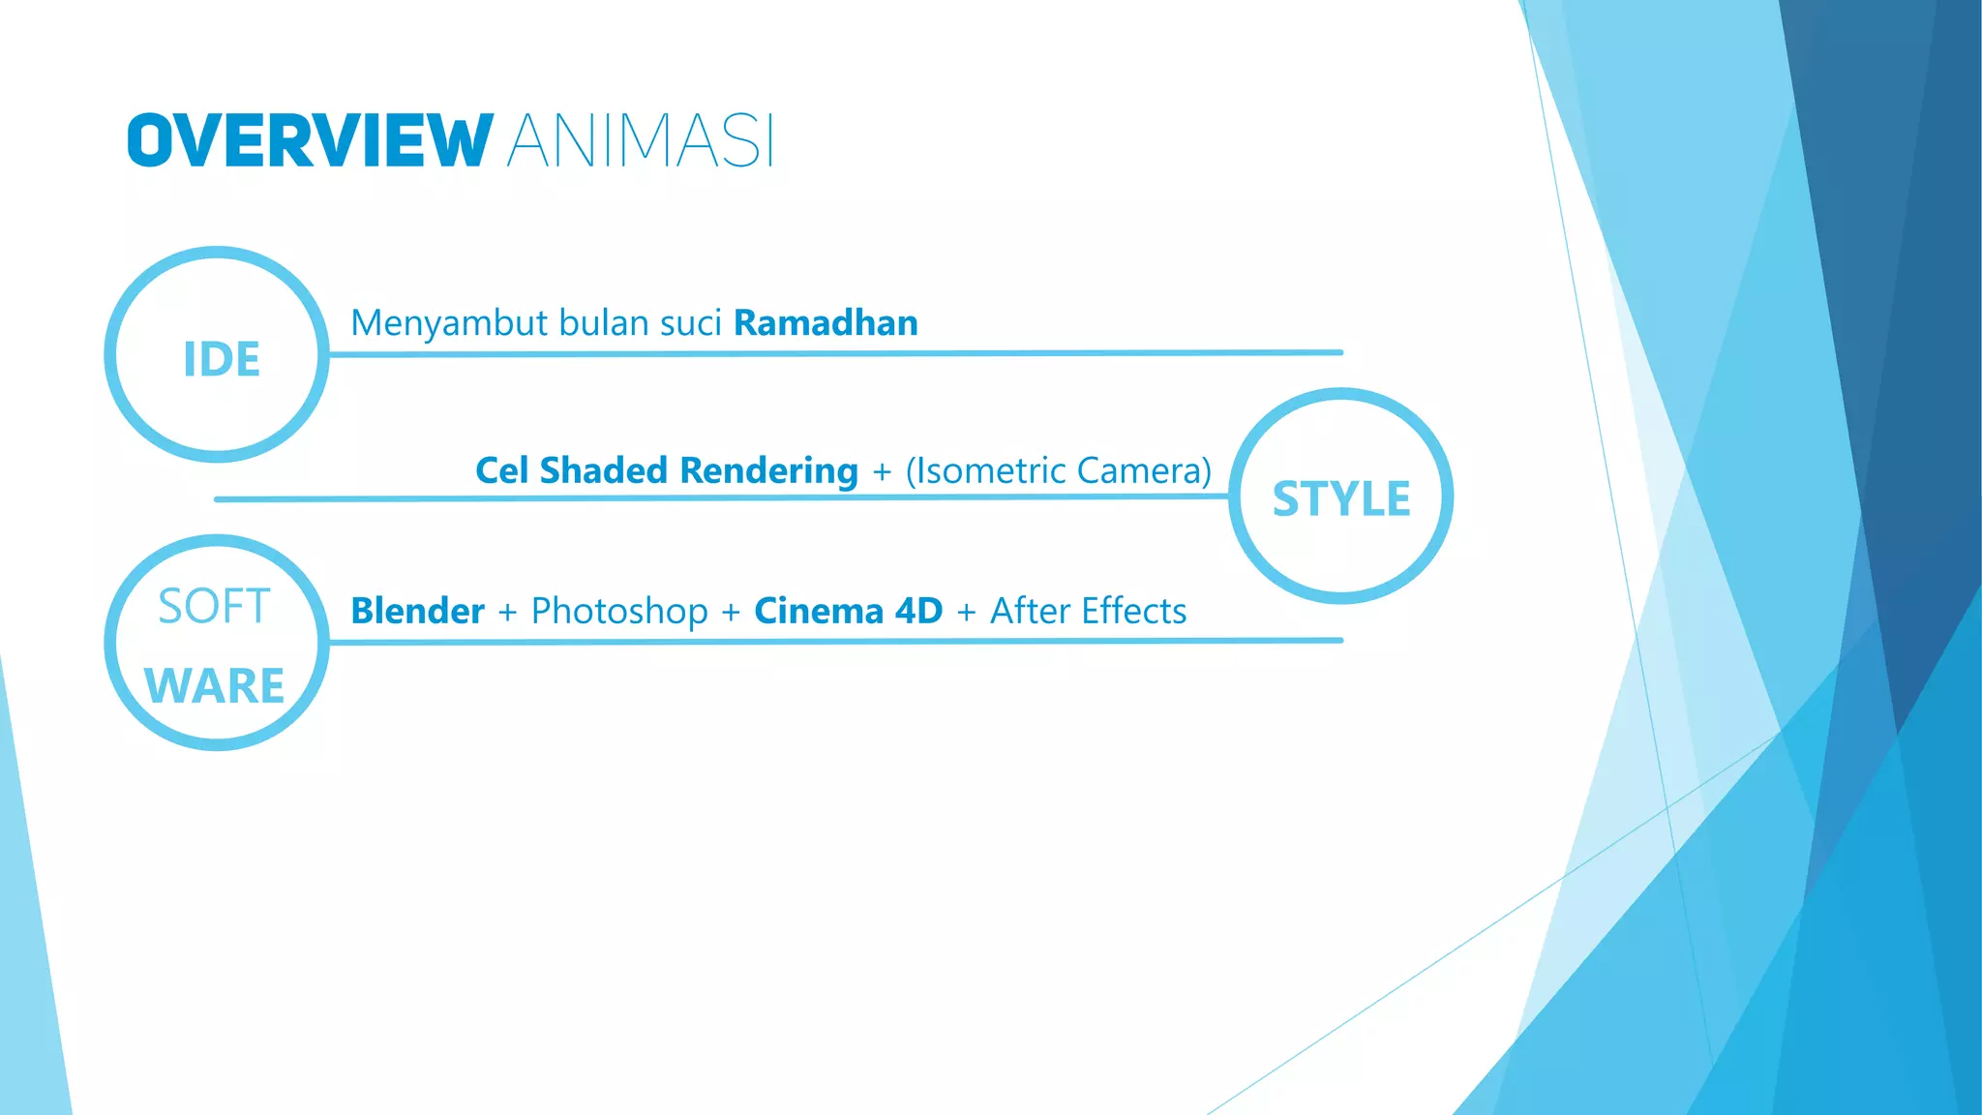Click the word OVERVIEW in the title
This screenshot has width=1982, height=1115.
coord(310,141)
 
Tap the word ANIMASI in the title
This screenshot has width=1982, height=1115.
coord(640,141)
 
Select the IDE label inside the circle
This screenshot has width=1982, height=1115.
coord(222,359)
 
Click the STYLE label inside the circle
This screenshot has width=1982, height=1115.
coord(1341,499)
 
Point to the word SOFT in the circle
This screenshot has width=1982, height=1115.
coord(214,607)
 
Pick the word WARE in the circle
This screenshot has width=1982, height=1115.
coord(214,686)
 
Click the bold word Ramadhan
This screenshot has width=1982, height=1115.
coord(826,323)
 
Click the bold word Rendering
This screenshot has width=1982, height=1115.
coord(768,471)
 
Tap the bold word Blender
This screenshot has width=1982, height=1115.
coord(417,612)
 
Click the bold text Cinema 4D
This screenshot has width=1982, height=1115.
coord(848,612)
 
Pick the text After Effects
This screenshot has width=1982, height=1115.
coord(1088,612)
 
